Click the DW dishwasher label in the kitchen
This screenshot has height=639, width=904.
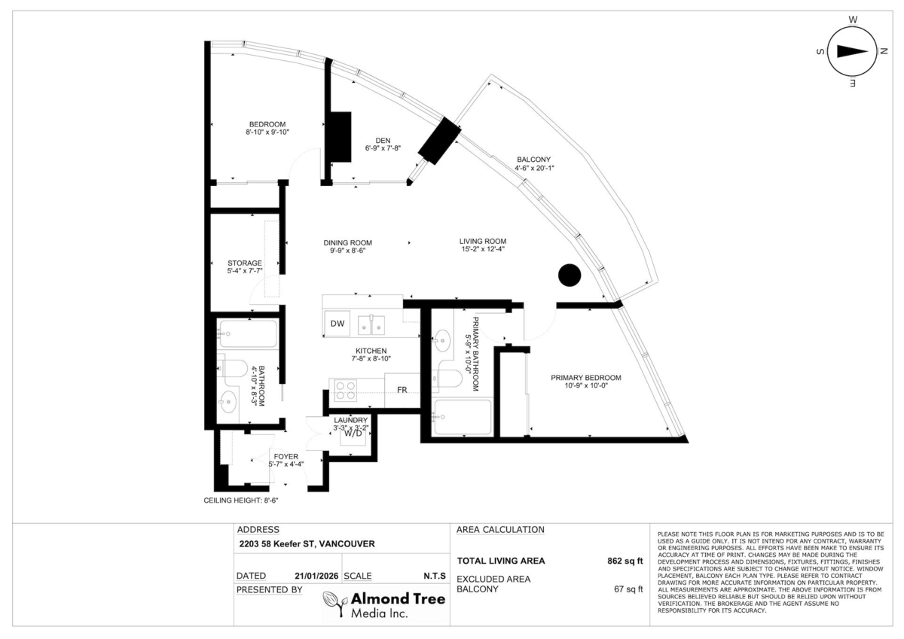click(337, 324)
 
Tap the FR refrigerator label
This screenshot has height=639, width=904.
click(402, 390)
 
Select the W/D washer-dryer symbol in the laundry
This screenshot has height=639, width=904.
click(353, 434)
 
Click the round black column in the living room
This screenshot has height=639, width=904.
click(570, 275)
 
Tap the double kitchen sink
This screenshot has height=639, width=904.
click(371, 325)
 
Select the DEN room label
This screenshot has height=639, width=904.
click(383, 141)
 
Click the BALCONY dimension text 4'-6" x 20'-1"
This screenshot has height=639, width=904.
click(534, 168)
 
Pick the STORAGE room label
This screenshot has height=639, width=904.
click(245, 263)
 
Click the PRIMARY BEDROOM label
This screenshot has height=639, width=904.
click(586, 378)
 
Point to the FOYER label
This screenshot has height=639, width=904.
click(286, 456)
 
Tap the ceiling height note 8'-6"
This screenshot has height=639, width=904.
click(241, 501)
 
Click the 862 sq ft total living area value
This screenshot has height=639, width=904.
click(625, 561)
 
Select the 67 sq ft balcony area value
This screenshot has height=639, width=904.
click(628, 589)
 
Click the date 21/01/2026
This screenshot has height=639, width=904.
click(316, 576)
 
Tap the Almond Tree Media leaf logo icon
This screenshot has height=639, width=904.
click(335, 603)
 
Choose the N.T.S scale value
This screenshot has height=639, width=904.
click(435, 576)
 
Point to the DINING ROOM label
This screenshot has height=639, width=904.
click(347, 242)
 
